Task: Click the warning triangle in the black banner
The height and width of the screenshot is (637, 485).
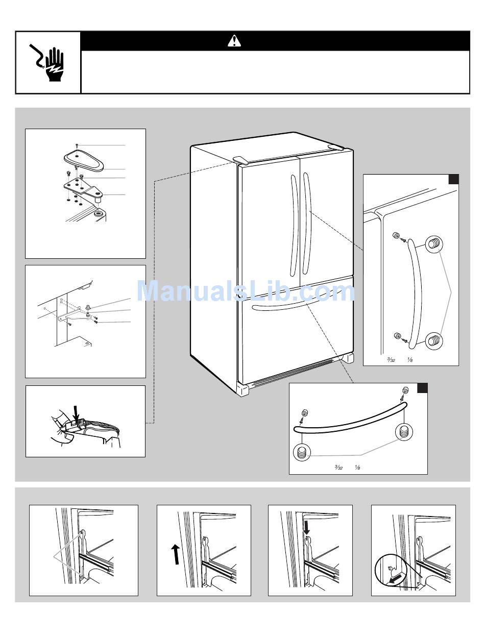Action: (234, 41)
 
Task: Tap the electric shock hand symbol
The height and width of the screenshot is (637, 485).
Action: (48, 63)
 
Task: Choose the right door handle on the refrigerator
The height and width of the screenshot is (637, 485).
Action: (306, 225)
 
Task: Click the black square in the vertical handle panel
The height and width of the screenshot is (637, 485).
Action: (453, 180)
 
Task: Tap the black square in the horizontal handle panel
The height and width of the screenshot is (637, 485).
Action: (422, 388)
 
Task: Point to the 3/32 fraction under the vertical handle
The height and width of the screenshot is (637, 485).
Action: (391, 360)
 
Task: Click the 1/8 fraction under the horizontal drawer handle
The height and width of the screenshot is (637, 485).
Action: (357, 468)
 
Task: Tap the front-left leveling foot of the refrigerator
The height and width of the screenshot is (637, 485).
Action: (243, 390)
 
